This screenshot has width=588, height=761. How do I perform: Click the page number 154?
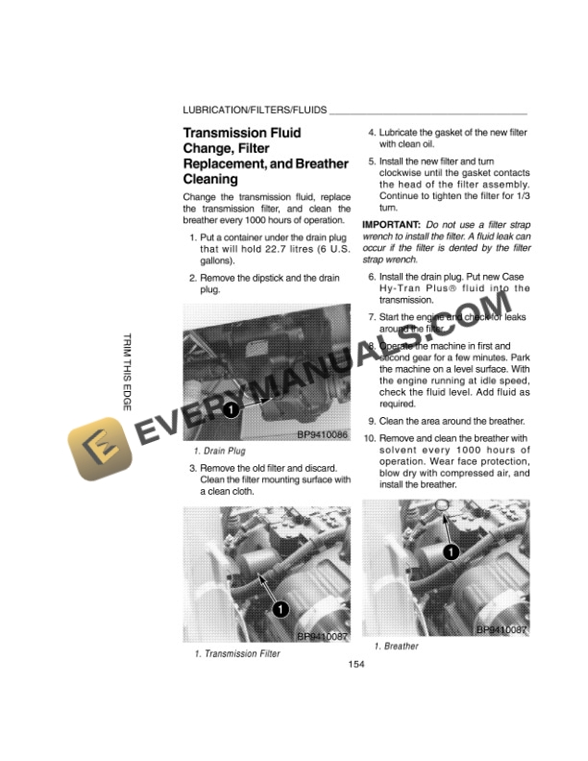[x=355, y=665]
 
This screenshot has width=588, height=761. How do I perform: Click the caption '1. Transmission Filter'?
[x=237, y=653]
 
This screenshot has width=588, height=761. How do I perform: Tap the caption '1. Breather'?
[x=396, y=646]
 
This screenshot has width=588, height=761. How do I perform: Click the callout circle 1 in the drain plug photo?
[x=230, y=411]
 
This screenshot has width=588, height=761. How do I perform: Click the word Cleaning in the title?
[x=210, y=179]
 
